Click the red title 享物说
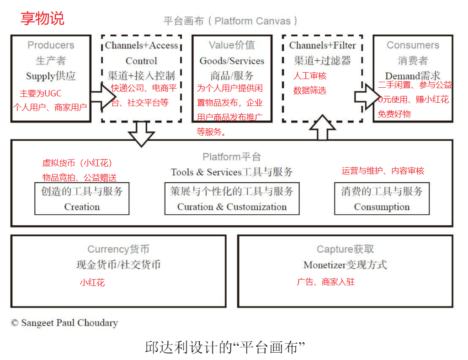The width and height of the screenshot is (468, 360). tap(42, 18)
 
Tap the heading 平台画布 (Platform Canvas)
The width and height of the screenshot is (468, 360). tap(231, 21)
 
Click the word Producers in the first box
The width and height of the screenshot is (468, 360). tap(51, 45)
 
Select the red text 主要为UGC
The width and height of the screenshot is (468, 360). tap(40, 94)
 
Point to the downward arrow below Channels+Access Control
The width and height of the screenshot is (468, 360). tap(141, 134)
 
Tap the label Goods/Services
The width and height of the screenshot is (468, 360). tap(232, 61)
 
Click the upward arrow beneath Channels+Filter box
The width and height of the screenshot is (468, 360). tap(323, 128)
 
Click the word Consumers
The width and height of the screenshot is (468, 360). tap(413, 45)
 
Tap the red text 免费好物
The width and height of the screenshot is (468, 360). tap(394, 114)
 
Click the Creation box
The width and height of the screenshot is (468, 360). tap(82, 199)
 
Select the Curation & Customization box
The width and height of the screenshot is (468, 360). tap(232, 199)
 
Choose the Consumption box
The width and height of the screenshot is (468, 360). tap(382, 199)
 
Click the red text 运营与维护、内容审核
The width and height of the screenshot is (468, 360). tap(383, 171)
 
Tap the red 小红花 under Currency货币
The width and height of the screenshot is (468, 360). tap(92, 283)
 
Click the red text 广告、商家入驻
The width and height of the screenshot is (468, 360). tap(325, 282)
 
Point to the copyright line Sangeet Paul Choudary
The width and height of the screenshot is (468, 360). tap(64, 323)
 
